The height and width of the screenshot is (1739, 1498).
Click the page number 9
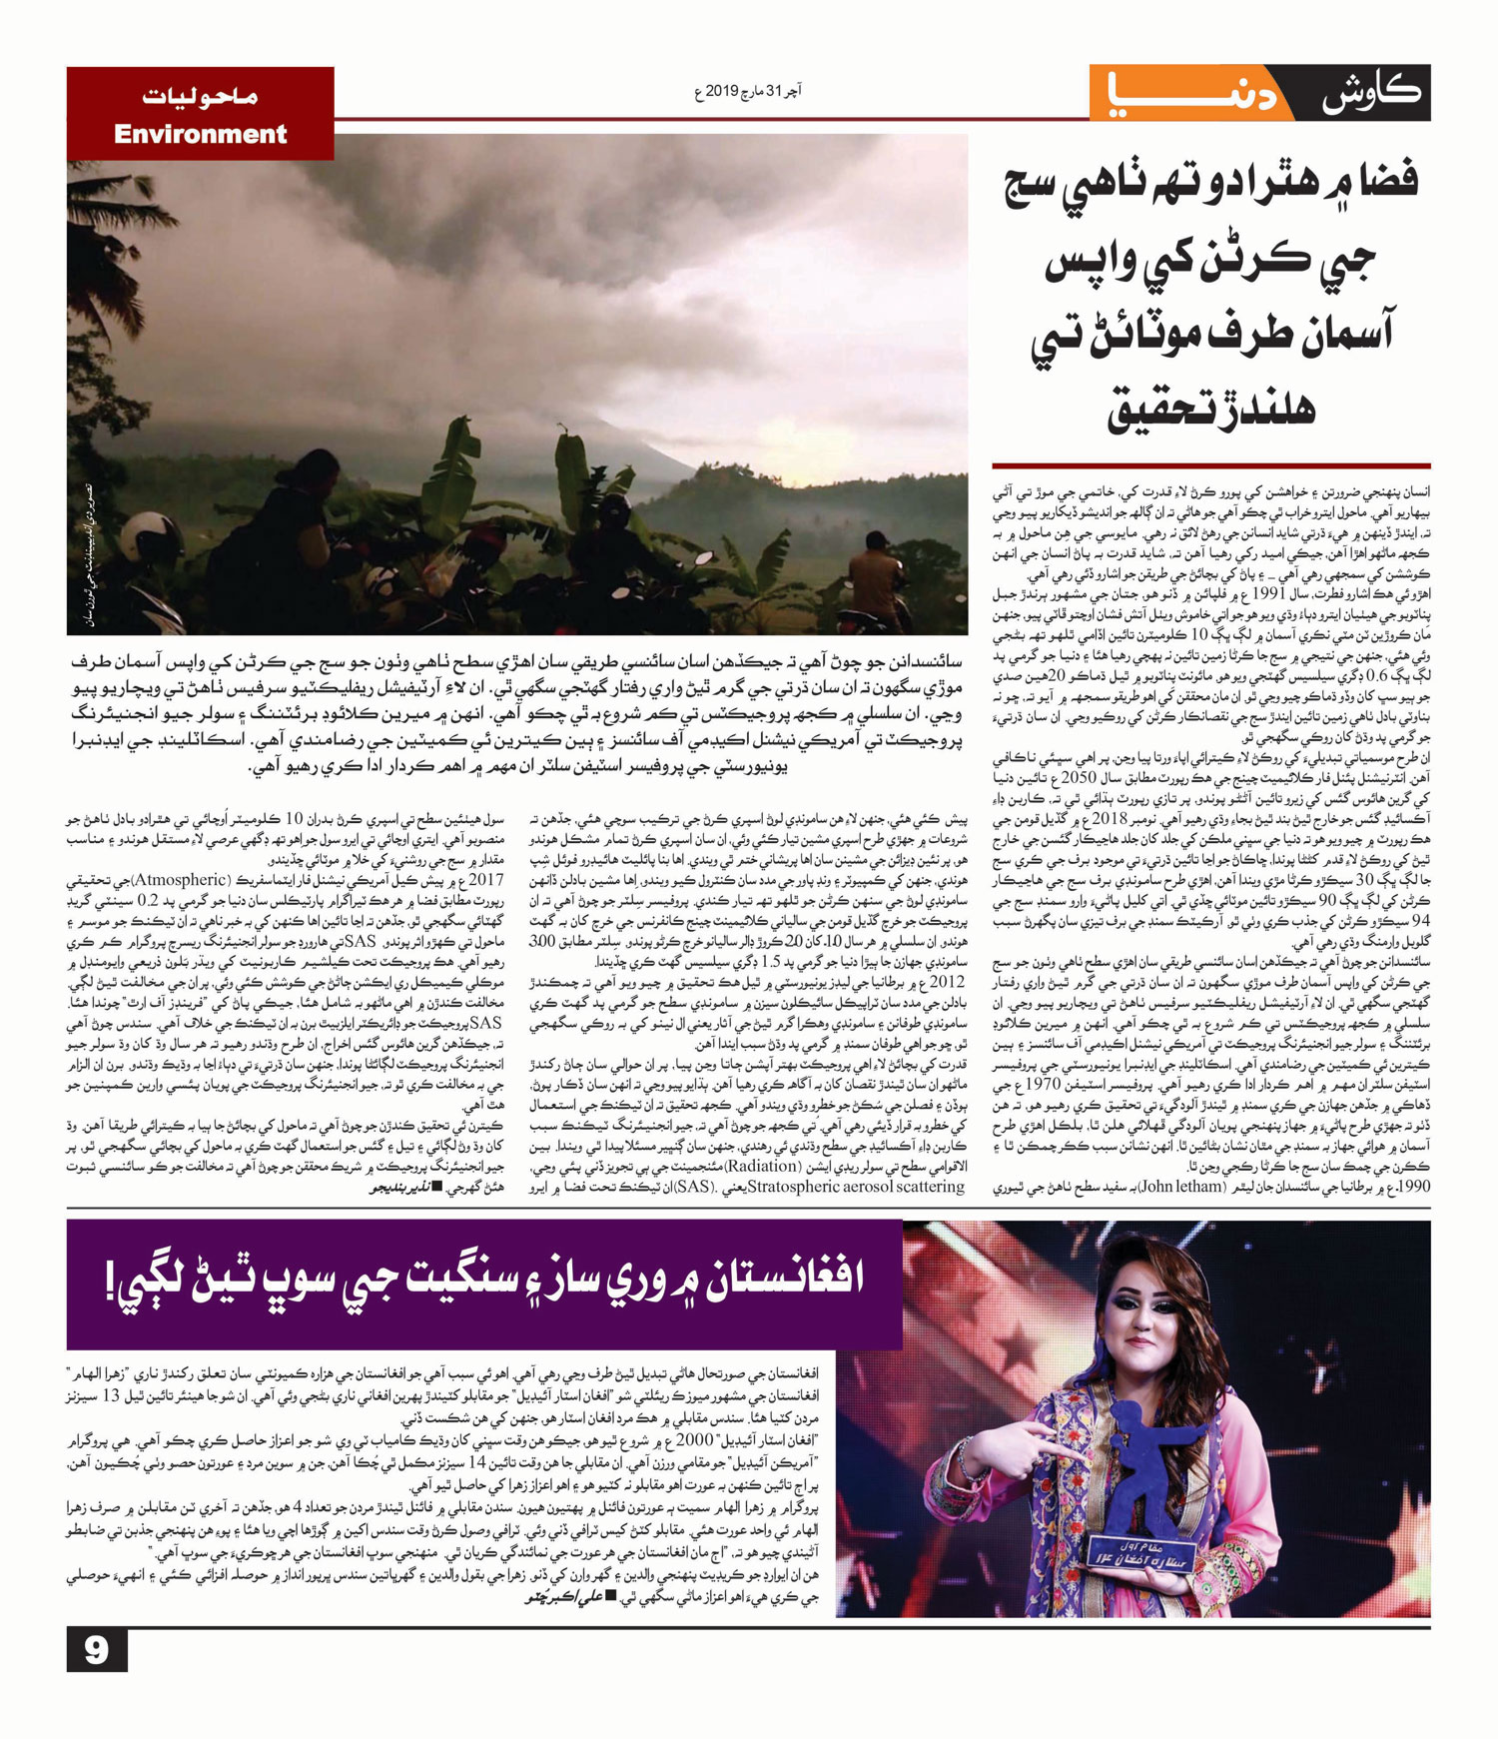97,1649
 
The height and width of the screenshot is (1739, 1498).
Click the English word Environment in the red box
200,134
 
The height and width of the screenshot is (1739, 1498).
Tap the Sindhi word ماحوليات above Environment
200,97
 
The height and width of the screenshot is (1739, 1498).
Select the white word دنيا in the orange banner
1189,93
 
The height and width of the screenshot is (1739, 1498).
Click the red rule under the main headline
1210,465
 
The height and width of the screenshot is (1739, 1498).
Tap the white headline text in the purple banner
485,1281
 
